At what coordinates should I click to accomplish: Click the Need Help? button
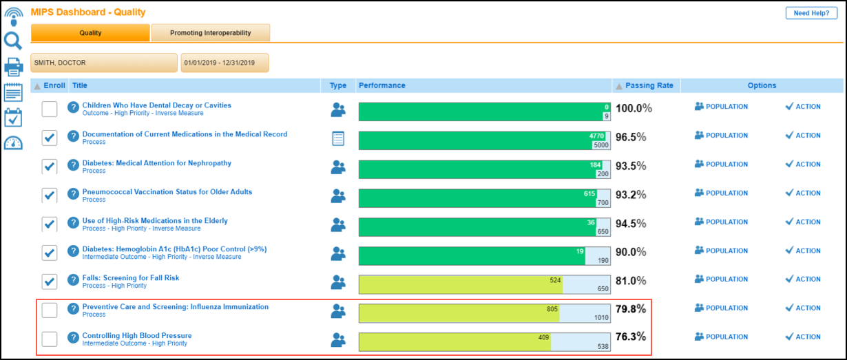811,13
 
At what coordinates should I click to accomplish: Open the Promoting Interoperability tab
211,33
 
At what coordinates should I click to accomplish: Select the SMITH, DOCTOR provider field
104,63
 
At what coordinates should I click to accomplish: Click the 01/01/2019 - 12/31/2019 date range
224,63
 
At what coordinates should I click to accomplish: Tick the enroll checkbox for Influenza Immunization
50,310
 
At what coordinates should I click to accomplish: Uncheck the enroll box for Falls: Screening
50,282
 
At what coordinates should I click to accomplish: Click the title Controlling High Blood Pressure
137,336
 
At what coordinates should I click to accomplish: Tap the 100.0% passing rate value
634,108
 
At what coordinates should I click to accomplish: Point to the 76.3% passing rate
631,338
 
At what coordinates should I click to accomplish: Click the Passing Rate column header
649,86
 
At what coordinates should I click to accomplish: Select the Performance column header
381,86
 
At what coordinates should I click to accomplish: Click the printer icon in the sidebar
14,67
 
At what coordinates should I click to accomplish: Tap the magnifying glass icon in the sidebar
14,41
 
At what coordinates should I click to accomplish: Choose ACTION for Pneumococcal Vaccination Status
803,193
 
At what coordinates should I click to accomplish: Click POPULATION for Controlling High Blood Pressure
721,337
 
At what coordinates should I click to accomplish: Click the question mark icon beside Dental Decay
73,107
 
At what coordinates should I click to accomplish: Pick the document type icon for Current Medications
338,138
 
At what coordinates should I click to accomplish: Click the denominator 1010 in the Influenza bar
600,318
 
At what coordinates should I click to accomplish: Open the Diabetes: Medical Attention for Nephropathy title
157,163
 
